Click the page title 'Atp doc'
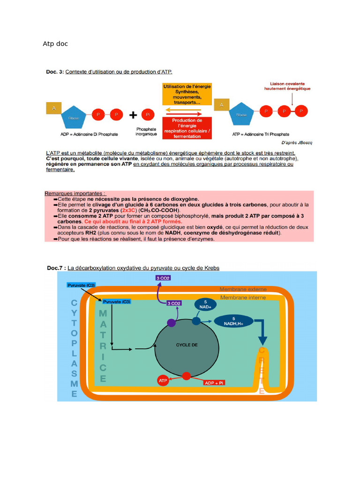click(55, 44)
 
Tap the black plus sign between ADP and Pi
click(133, 115)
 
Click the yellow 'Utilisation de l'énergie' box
click(187, 94)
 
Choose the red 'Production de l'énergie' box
click(187, 128)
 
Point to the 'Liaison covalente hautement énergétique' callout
click(287, 86)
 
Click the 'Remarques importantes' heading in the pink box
click(75, 193)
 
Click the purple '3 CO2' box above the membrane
click(163, 278)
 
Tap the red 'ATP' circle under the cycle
click(163, 381)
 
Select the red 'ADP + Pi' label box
click(214, 383)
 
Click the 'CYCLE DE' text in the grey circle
click(187, 345)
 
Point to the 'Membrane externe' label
click(243, 290)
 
